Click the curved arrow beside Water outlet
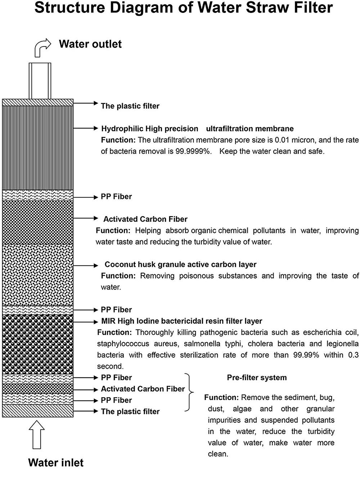[42, 47]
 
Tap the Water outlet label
[90, 44]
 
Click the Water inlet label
[56, 462]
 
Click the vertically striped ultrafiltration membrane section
[38, 147]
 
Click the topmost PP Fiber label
[116, 197]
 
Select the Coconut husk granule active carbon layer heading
[180, 265]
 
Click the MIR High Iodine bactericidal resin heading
[182, 321]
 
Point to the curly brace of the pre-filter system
[189, 392]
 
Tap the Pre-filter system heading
[257, 378]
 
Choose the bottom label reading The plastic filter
[130, 412]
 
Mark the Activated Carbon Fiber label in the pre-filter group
[143, 389]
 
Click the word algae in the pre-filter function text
[242, 409]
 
